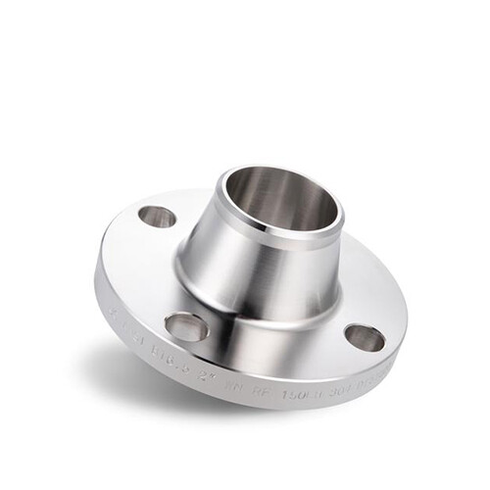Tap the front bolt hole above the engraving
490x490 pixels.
tap(186, 323)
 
